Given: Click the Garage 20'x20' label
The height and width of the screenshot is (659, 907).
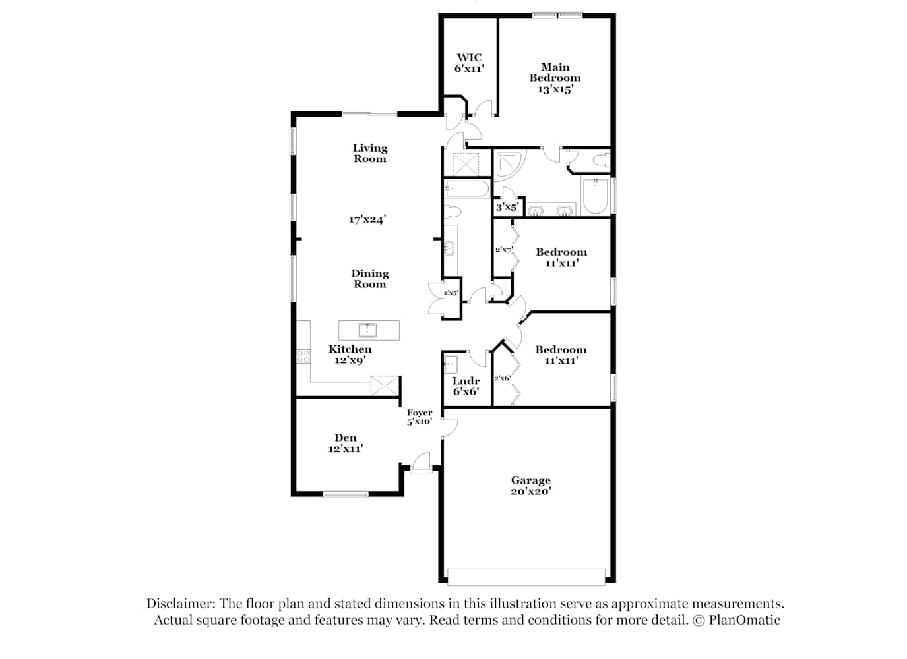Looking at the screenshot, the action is pos(530,486).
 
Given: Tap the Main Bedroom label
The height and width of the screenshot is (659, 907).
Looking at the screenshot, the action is pos(555,72).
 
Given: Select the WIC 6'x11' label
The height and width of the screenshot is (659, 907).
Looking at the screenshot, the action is pos(469,63).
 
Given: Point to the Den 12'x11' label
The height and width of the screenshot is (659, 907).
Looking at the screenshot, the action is pos(346,443).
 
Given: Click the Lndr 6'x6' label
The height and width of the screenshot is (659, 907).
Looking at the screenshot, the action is pos(466,386).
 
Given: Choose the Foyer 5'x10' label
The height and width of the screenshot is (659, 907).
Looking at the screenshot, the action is pos(420,416).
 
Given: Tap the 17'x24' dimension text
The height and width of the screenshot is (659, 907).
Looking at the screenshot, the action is pos(367,219).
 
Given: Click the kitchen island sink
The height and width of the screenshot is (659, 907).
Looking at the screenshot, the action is pos(367,330).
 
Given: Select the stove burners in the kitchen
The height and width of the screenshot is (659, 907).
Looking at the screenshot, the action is pos(303,357).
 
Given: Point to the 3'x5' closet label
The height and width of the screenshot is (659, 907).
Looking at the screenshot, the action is pos(507,207).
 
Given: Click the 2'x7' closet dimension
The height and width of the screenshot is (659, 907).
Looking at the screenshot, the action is pos(504,250).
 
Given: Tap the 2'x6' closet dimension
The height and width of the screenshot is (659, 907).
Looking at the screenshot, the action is pos(502,378).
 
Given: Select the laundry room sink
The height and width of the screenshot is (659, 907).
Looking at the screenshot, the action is pos(451,364).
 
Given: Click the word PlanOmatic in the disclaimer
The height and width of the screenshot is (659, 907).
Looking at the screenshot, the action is pos(744,620).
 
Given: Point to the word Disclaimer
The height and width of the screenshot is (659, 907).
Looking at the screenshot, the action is pos(181,604).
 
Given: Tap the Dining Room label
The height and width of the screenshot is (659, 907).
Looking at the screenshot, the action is pos(369,279).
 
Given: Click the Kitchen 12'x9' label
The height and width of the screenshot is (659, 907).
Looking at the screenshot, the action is pos(350,355).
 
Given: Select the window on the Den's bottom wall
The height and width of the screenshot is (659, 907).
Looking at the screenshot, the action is pos(346,494).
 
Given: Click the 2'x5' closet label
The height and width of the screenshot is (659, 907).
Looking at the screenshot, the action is pos(451,293).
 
